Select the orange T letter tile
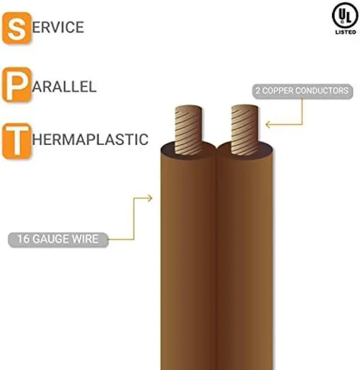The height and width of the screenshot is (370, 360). [x=17, y=140]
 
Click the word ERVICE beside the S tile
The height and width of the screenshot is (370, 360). [x=58, y=27]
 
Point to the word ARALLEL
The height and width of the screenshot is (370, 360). [x=65, y=87]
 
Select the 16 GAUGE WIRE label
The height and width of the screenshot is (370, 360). [x=57, y=239]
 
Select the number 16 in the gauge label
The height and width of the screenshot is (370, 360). [x=24, y=239]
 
